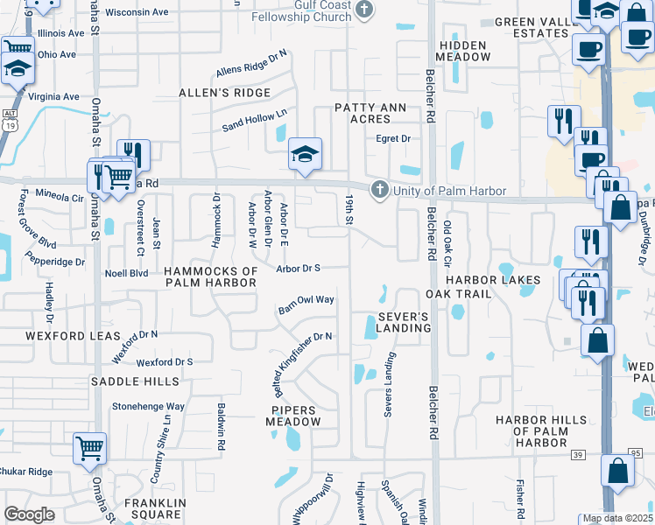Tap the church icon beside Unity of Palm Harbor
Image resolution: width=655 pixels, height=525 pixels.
point(379,189)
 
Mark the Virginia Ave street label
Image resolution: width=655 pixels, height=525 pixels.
point(53,96)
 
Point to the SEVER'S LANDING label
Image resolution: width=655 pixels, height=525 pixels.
point(405,322)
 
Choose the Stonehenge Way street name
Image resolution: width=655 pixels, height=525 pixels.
point(148,406)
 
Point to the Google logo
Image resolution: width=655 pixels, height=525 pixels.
point(29,515)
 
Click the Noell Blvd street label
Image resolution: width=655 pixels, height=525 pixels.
point(127,273)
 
